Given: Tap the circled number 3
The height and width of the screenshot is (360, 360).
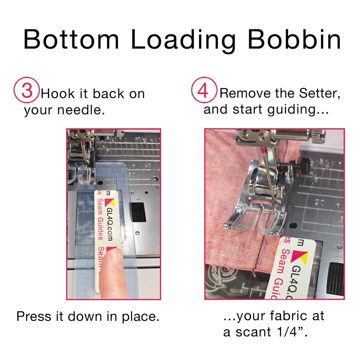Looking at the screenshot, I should point(27,91).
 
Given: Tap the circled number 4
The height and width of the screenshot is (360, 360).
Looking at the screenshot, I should point(203,91).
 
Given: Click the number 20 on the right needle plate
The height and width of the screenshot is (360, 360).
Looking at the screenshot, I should point(320,203).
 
